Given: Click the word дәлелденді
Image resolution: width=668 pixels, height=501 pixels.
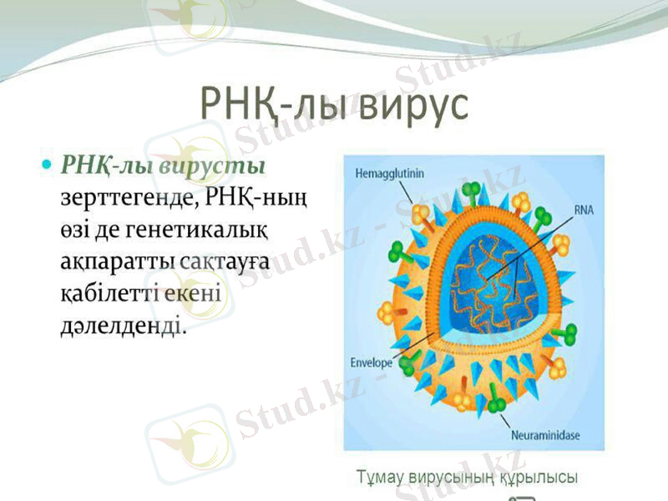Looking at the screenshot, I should [x=122, y=326].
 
